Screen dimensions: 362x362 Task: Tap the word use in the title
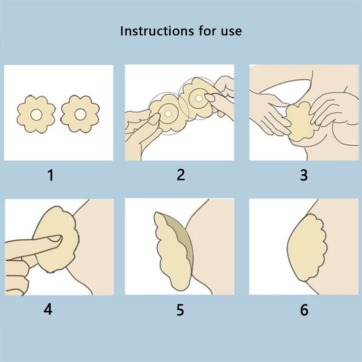(231, 32)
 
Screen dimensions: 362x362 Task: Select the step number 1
(51, 175)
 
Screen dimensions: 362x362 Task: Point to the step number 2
(181, 175)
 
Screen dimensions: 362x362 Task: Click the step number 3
(304, 175)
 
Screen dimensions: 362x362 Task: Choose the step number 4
(48, 309)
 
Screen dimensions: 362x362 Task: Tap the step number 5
(180, 310)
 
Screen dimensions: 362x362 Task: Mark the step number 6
(304, 310)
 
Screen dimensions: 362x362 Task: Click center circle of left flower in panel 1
(36, 114)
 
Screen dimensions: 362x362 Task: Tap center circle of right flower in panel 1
(81, 114)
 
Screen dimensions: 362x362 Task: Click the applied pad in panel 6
(306, 248)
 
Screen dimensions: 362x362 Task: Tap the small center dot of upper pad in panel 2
(199, 98)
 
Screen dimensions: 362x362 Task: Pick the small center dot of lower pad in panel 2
(168, 114)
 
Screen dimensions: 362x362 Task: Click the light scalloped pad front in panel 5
(172, 252)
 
